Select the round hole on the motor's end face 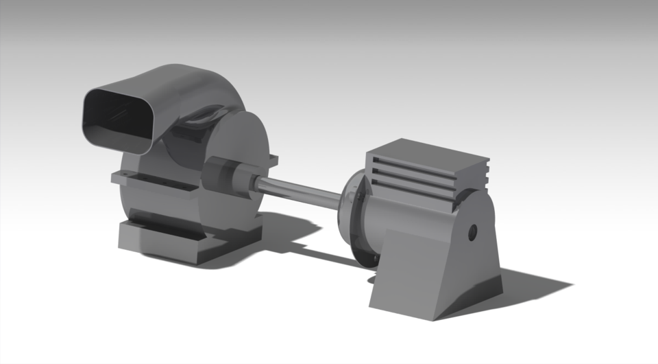[x=472, y=232]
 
